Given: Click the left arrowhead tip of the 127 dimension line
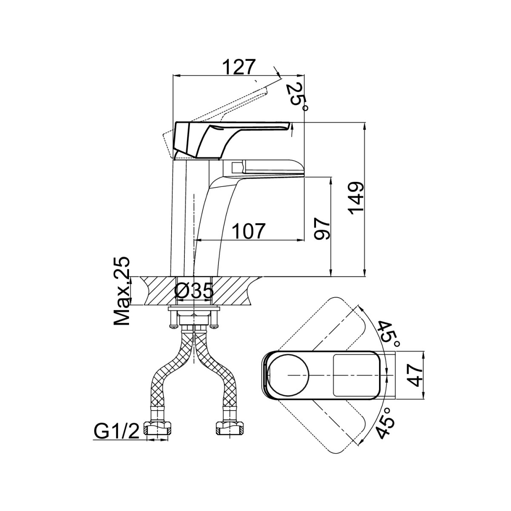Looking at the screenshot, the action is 173,76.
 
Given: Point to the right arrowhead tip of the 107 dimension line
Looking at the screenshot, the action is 304,240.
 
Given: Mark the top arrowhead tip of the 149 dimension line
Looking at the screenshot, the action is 365,123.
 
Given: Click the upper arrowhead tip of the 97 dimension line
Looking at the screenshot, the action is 331,177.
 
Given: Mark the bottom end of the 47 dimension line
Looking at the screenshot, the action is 423,398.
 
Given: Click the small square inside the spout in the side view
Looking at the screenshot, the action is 237,167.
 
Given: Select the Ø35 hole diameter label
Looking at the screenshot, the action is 194,291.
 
